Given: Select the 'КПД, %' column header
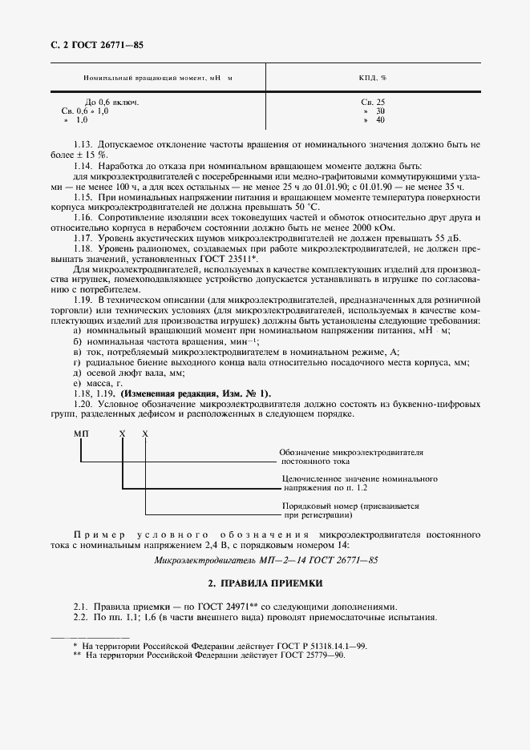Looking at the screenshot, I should pos(373,79).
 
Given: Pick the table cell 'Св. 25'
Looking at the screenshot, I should pos(373,103).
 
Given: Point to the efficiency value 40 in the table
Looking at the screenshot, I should pos(379,120).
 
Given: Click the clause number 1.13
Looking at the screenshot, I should pos(83,144).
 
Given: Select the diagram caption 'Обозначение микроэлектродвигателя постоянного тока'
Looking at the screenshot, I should pos(351,458).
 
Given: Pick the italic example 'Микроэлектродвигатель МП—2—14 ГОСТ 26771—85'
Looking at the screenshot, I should pos(265,560).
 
